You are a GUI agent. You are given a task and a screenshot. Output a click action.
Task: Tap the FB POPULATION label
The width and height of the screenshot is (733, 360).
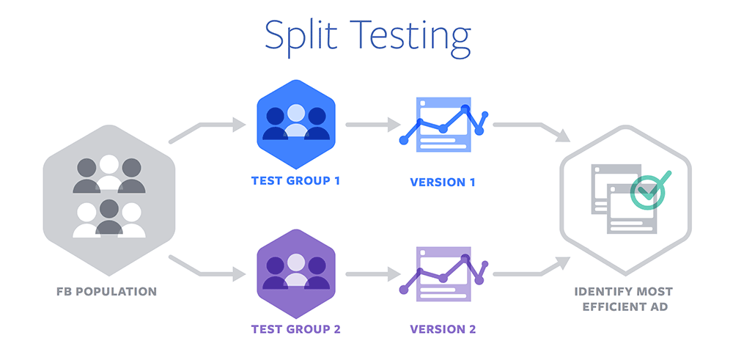click(107, 292)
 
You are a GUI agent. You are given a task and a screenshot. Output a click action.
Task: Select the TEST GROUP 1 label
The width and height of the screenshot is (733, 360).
click(295, 180)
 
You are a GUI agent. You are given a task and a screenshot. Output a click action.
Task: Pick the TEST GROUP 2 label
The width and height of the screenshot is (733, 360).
click(295, 329)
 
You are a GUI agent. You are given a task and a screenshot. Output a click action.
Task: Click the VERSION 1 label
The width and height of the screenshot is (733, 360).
click(443, 183)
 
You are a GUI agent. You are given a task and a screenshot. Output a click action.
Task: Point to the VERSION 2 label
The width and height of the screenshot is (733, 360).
click(443, 329)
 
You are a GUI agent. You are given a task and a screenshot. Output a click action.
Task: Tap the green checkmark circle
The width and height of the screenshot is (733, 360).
click(647, 191)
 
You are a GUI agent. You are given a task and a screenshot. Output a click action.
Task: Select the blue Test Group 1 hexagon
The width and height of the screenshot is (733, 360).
click(296, 125)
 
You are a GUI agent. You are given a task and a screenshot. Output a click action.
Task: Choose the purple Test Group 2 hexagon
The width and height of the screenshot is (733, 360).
click(296, 273)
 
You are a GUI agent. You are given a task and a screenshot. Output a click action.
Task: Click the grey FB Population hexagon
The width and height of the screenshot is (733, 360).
click(109, 200)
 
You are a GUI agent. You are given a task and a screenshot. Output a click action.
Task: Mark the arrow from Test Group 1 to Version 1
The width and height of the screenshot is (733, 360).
click(373, 125)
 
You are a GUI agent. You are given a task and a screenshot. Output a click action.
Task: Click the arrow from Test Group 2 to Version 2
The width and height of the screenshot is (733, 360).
click(373, 273)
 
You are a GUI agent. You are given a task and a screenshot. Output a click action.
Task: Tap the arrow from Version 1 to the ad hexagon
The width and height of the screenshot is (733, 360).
click(531, 131)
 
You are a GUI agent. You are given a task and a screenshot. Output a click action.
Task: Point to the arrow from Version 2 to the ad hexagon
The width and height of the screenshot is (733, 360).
click(531, 268)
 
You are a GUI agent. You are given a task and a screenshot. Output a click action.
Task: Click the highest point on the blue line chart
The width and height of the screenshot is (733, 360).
click(465, 109)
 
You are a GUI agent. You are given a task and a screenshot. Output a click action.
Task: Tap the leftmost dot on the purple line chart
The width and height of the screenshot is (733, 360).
click(404, 290)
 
